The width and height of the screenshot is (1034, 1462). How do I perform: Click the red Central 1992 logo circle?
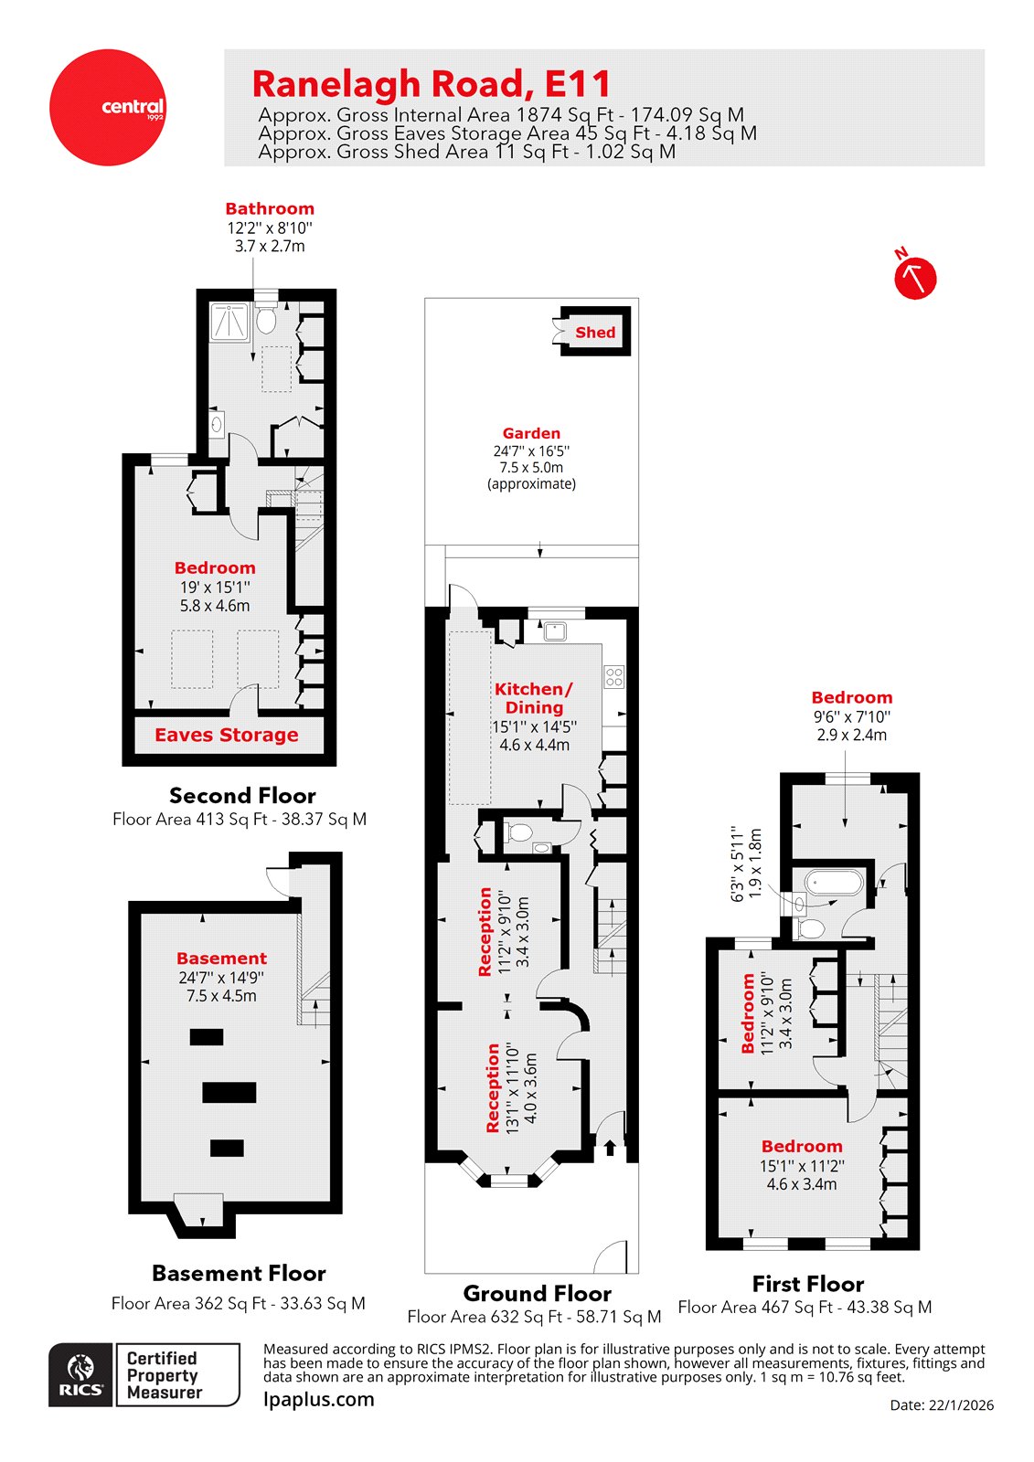point(108,108)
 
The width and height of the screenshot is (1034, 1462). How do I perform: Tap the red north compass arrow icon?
point(914,277)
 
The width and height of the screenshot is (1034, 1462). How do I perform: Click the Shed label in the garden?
point(595,333)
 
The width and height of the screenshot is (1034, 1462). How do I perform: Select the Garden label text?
point(531,434)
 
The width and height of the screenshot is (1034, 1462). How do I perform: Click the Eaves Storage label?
point(226,736)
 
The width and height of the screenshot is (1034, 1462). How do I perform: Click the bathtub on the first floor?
point(833,883)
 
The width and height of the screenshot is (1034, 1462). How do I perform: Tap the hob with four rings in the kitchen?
point(614,677)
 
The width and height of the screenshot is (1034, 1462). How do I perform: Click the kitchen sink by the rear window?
point(555,630)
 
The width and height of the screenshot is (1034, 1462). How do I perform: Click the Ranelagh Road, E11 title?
point(431,84)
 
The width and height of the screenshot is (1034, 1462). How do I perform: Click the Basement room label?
point(221,959)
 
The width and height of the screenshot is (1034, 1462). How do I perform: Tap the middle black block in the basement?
point(229,1092)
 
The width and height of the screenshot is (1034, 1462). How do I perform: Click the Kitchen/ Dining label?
point(534,698)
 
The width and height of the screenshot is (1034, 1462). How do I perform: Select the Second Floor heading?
point(242,796)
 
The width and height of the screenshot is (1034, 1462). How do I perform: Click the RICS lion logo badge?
point(81,1374)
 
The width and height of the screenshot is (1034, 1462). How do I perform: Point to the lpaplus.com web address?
point(318,1400)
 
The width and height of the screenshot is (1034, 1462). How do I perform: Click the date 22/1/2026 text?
point(942,1405)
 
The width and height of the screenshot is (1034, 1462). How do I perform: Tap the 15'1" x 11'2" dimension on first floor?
point(801,1166)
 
